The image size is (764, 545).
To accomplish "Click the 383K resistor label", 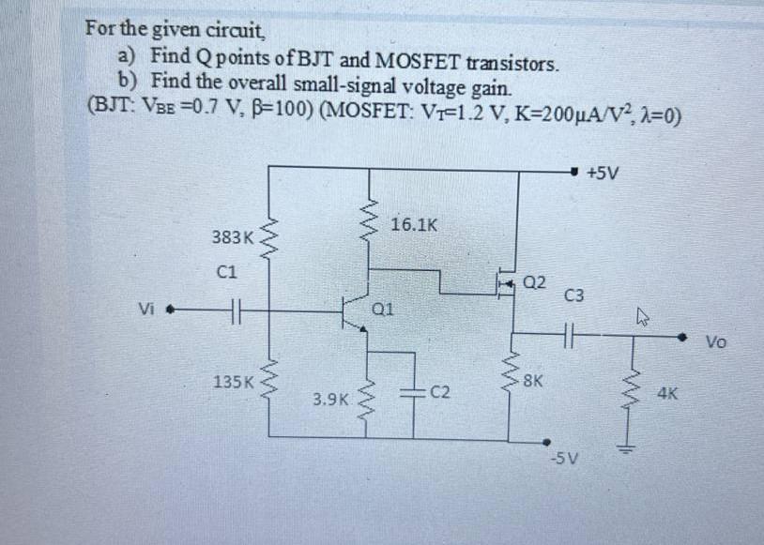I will click(x=231, y=238).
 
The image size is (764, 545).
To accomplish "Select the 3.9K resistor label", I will click(x=331, y=400).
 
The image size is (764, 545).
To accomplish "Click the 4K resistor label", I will click(x=668, y=395).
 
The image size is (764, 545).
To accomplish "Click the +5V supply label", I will click(x=602, y=173).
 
